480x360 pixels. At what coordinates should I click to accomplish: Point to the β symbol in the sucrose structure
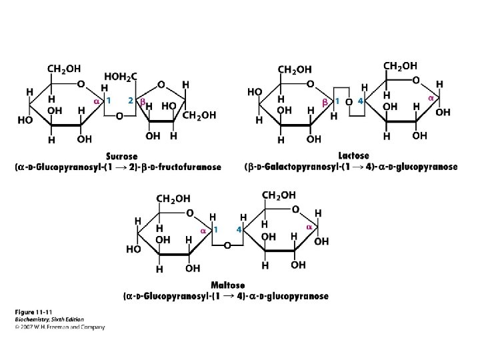click(x=141, y=101)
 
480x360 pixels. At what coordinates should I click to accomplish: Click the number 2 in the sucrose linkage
click(x=131, y=101)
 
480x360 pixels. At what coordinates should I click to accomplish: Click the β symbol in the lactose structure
click(x=325, y=102)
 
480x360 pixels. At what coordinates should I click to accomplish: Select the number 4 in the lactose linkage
click(x=360, y=101)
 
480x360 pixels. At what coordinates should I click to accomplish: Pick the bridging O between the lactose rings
click(x=349, y=101)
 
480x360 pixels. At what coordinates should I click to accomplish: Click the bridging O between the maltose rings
click(x=227, y=246)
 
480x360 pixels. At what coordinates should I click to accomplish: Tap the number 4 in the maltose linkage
click(x=238, y=229)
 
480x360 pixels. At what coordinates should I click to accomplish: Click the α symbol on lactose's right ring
click(x=431, y=98)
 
